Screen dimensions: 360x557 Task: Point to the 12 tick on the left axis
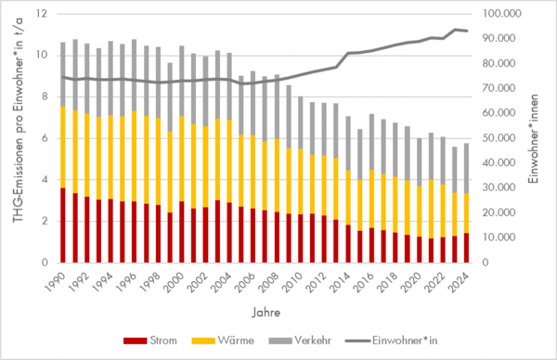tap(41, 14)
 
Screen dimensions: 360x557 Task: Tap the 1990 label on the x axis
tap(58, 281)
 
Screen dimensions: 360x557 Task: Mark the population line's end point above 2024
tap(467, 32)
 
